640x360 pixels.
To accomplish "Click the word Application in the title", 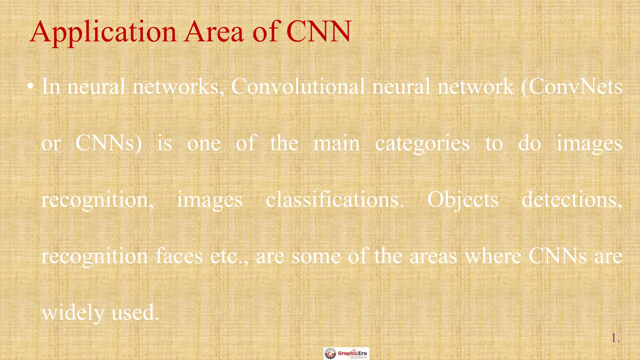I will coord(103,32).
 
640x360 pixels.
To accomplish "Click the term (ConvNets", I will coord(572,87).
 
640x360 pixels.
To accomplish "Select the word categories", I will coord(422,144).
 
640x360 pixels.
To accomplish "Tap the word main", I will coord(337,143).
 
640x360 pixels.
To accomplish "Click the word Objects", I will coord(463,200).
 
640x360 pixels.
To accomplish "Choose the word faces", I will coord(179,256).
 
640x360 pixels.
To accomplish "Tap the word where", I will coord(493,256).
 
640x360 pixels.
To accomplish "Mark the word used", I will coord(135,312).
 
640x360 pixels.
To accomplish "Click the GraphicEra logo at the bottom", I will coord(346,353).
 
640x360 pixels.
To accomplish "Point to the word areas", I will coord(433,256).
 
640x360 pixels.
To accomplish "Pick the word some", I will coord(316,256).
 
